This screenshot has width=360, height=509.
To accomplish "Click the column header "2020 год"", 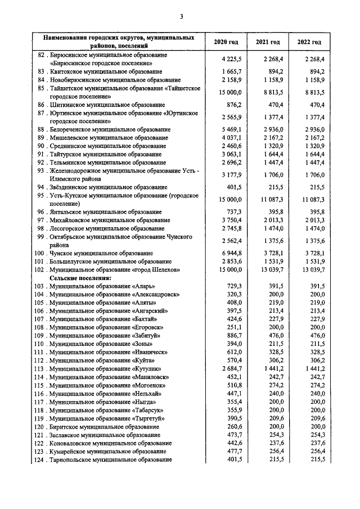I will [226, 42].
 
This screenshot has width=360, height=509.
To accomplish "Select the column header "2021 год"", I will [268, 42].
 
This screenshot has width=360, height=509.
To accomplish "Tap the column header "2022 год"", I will [309, 42].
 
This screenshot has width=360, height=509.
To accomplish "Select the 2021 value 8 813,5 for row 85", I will [273, 92].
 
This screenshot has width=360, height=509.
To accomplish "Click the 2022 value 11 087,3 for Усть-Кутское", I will [312, 199].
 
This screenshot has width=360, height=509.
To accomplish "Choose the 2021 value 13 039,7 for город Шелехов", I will [271, 270].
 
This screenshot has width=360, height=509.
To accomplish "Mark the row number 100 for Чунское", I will [42, 254].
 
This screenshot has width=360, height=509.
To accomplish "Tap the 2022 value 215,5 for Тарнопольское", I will [316, 460].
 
